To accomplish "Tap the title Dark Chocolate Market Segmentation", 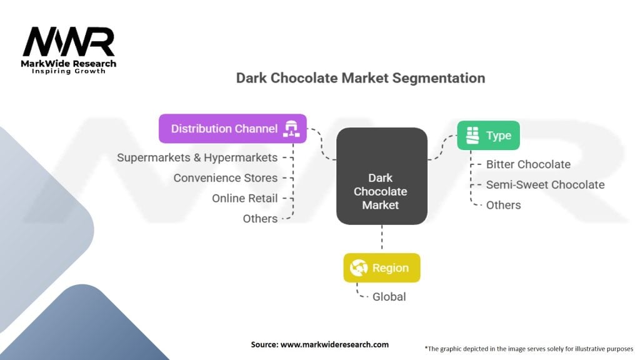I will (360, 78).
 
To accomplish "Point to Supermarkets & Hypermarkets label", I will (197, 157).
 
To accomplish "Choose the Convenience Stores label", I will (225, 178).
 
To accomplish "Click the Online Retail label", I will (244, 198).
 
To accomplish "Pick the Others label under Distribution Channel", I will (260, 219).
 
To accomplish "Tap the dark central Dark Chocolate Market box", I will (381, 176).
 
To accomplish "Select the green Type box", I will (488, 136).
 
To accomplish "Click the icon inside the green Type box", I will (472, 136).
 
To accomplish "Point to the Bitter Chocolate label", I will (528, 164).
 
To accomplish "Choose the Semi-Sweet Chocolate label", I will (545, 185).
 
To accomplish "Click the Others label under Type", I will (503, 205).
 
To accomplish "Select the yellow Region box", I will (381, 268).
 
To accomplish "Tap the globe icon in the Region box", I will (358, 268).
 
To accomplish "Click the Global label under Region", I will (389, 297).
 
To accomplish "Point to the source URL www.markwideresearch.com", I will (319, 344).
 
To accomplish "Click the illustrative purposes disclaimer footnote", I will (529, 348).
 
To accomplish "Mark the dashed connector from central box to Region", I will (381, 239).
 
